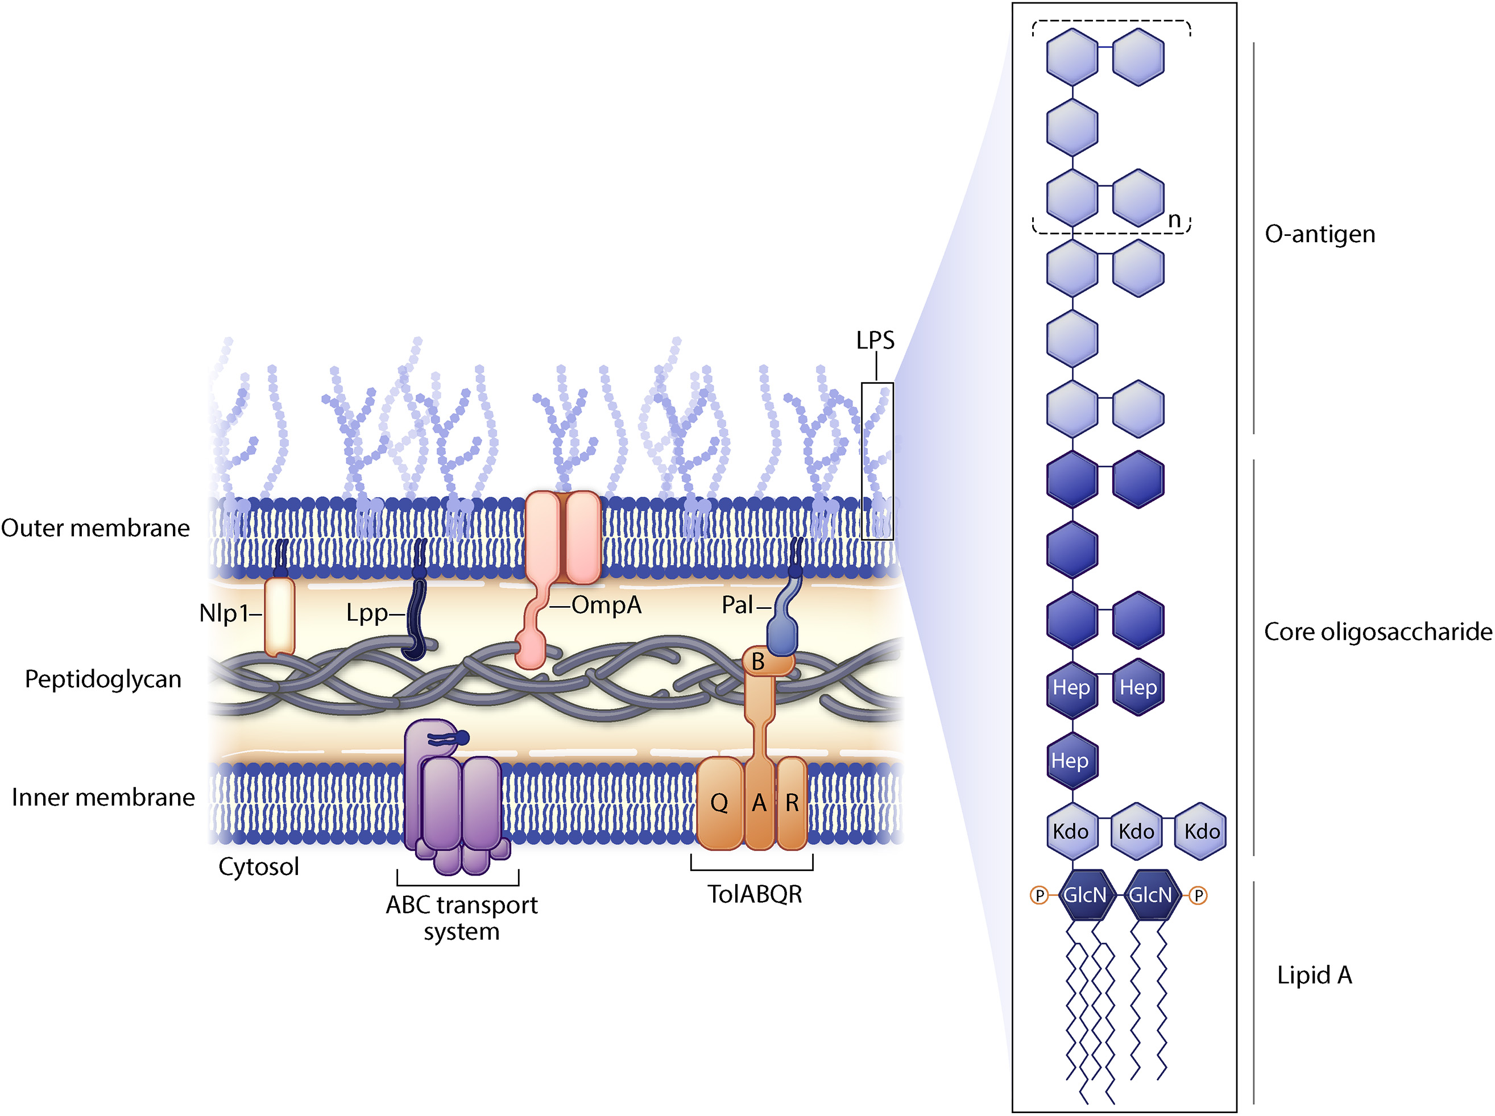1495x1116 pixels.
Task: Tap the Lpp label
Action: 367,613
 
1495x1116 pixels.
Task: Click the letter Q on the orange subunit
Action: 719,803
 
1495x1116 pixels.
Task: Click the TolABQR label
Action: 755,894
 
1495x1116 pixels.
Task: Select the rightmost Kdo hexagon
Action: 1201,832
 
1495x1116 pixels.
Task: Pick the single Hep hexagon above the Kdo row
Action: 1071,761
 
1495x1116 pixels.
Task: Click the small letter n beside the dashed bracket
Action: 1174,220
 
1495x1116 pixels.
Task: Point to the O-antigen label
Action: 1319,234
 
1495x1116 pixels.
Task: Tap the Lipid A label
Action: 1315,975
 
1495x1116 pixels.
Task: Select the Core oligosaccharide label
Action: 1378,632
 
